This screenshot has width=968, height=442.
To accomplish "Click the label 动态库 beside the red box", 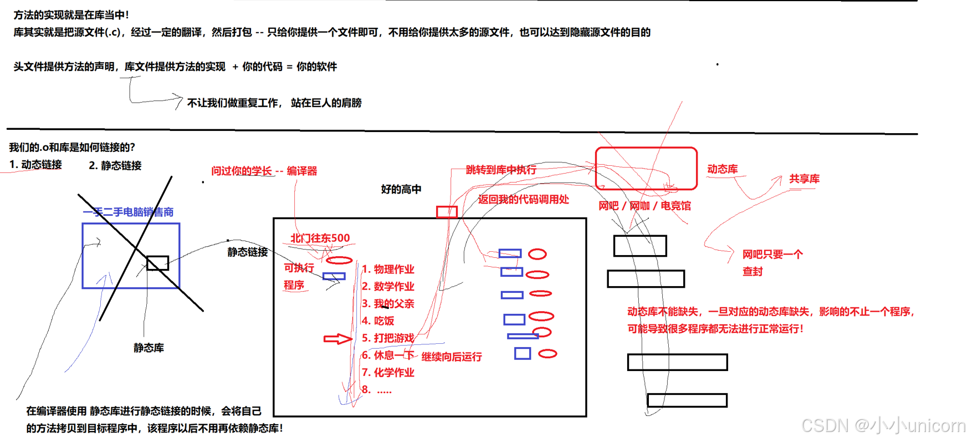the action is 722,169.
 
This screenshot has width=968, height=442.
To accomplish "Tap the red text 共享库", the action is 804,179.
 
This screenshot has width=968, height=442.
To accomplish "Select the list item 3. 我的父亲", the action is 388,303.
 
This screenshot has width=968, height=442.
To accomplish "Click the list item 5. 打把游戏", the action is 388,338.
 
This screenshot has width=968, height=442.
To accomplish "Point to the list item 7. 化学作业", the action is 388,373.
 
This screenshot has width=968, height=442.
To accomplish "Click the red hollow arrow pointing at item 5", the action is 337,338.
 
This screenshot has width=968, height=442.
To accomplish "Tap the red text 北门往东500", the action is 320,238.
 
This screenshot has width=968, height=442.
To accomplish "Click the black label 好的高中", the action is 401,189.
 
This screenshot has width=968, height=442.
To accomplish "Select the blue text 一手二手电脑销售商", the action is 128,212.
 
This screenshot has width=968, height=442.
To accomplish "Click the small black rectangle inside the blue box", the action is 158,263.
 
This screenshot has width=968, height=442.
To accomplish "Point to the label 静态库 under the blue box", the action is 148,348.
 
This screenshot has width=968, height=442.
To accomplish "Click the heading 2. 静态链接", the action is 115,165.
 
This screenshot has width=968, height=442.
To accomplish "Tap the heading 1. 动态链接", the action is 36,165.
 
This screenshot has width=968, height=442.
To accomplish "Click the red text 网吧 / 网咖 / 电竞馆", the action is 644,206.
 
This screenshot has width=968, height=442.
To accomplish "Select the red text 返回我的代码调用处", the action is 523,200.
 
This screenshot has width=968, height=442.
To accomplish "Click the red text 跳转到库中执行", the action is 501,170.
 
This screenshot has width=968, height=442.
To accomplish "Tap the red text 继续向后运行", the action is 452,357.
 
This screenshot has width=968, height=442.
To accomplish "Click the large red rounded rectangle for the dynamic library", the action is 646,168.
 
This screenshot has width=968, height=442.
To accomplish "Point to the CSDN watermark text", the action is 883,425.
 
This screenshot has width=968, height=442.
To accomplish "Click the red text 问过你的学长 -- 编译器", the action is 264,171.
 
